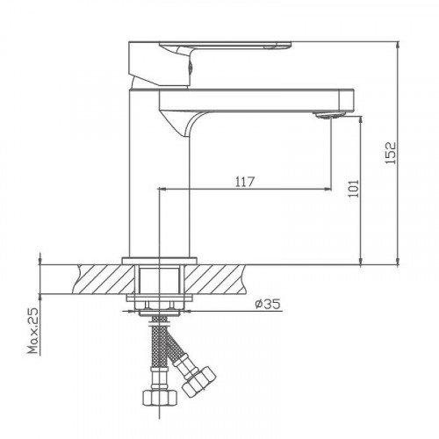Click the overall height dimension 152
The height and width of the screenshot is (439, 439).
(x=392, y=152)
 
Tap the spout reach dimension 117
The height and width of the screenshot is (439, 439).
(x=245, y=182)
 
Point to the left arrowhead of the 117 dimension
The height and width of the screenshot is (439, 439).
(x=162, y=188)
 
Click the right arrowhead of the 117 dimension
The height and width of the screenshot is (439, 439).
(x=328, y=188)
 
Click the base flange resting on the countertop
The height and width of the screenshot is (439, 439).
(x=159, y=259)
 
